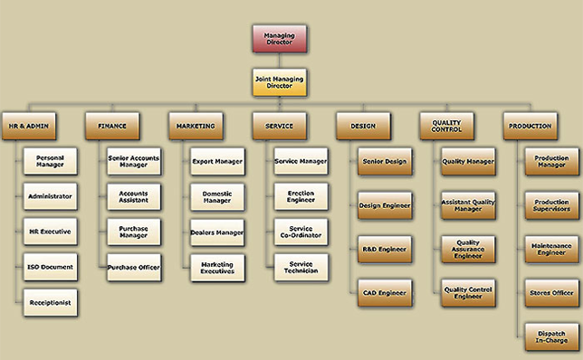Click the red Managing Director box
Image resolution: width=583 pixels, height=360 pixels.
pyautogui.click(x=279, y=39)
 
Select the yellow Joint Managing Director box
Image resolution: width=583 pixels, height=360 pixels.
pyautogui.click(x=279, y=83)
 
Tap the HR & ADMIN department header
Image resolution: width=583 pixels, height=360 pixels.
pyautogui.click(x=26, y=126)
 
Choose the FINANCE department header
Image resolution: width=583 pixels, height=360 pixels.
pyautogui.click(x=112, y=126)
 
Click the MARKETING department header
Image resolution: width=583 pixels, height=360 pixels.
pyautogui.click(x=195, y=126)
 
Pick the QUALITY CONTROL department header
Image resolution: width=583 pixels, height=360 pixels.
pyautogui.click(x=447, y=126)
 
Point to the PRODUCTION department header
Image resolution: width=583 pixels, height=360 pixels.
pyautogui.click(x=530, y=126)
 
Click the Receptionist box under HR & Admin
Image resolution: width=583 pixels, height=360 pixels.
pyautogui.click(x=50, y=302)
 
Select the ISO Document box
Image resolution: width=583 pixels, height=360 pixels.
pyautogui.click(x=50, y=267)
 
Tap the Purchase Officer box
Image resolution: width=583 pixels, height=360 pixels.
pyautogui.click(x=134, y=267)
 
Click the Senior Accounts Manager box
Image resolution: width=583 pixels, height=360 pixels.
pyautogui.click(x=134, y=161)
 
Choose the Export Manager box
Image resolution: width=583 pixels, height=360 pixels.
pyautogui.click(x=217, y=161)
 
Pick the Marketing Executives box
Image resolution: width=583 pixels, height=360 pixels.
pyautogui.click(x=217, y=267)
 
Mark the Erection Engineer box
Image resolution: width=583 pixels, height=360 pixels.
pyautogui.click(x=301, y=196)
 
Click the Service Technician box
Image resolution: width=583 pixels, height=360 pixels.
pyautogui.click(x=301, y=267)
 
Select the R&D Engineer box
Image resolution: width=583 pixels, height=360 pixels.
pyautogui.click(x=385, y=249)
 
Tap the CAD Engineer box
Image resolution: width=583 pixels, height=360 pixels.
pyautogui.click(x=385, y=292)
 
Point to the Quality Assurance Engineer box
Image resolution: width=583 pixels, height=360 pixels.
pyautogui.click(x=468, y=249)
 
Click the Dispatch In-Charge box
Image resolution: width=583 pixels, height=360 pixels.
pyautogui.click(x=552, y=336)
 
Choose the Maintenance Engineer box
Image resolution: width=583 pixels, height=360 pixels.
pyautogui.click(x=552, y=249)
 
